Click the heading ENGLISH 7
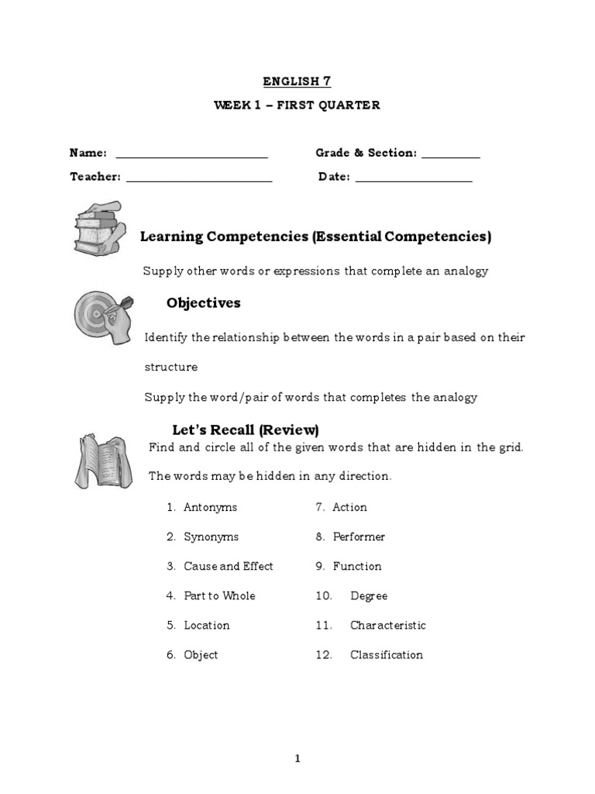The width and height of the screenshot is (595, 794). point(297,80)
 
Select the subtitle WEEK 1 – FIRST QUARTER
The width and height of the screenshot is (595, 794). point(297,105)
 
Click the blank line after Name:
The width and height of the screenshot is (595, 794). point(191,157)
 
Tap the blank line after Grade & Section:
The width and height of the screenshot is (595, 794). point(451,157)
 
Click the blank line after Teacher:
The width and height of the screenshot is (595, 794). point(199,180)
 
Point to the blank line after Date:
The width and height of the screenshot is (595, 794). point(414,180)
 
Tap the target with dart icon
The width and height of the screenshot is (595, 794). point(103,316)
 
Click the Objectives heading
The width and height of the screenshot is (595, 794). point(203,303)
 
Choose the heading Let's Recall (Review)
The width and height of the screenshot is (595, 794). point(245,430)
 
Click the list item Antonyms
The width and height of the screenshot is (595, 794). point(210,507)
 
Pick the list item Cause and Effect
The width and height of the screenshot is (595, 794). point(228,566)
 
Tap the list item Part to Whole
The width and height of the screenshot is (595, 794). point(219,595)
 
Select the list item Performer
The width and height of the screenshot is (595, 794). point(359,537)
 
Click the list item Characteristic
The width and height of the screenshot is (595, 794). point(387,625)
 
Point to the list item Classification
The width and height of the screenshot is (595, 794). point(387,654)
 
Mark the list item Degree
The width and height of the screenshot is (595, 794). point(369,595)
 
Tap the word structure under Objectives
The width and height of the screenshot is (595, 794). point(170,367)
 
